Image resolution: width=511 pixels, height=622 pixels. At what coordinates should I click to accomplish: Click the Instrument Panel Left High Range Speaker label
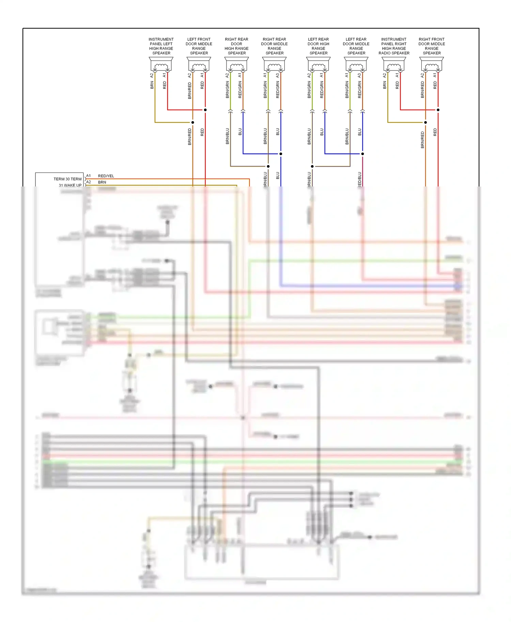pyautogui.click(x=161, y=46)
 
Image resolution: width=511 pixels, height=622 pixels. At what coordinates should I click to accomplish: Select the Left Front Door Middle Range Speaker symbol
pyautogui.click(x=199, y=64)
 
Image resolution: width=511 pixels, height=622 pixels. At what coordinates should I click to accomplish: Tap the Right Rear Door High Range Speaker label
pyautogui.click(x=236, y=46)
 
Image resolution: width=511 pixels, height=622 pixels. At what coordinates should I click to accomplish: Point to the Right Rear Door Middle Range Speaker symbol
pyautogui.click(x=274, y=64)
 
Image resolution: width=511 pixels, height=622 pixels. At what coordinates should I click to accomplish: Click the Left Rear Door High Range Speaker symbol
pyautogui.click(x=318, y=64)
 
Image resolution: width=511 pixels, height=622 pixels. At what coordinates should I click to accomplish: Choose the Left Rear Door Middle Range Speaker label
pyautogui.click(x=356, y=46)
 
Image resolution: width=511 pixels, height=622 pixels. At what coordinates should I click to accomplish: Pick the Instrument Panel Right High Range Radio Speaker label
pyautogui.click(x=394, y=46)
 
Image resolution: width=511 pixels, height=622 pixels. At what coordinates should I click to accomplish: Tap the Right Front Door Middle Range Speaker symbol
pyautogui.click(x=432, y=64)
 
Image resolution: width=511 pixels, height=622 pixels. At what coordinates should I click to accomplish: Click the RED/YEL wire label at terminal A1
pyautogui.click(x=106, y=176)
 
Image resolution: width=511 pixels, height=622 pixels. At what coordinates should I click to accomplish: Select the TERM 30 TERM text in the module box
pyautogui.click(x=67, y=179)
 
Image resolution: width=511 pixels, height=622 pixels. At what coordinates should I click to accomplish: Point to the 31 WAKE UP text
pyautogui.click(x=70, y=185)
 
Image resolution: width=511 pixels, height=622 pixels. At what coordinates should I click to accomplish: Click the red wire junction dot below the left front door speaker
pyautogui.click(x=205, y=110)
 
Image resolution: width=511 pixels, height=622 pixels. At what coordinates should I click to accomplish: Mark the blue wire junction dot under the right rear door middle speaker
pyautogui.click(x=281, y=154)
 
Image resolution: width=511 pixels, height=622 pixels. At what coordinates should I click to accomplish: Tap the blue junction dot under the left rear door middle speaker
pyautogui.click(x=362, y=154)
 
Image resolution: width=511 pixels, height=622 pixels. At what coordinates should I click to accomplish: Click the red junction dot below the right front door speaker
pyautogui.click(x=438, y=110)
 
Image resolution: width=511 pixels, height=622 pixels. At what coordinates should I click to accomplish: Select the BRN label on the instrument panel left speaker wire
pyautogui.click(x=152, y=85)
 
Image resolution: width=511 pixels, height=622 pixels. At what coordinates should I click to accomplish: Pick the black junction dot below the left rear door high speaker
pyautogui.click(x=312, y=166)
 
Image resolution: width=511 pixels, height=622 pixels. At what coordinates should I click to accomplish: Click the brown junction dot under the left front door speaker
pyautogui.click(x=192, y=122)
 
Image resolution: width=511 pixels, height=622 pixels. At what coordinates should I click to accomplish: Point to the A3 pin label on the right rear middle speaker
pyautogui.click(x=278, y=75)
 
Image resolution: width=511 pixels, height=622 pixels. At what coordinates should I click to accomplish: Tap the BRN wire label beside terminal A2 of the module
pyautogui.click(x=102, y=182)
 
